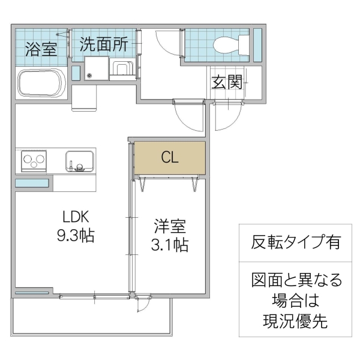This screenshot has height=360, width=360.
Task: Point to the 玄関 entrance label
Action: (x=226, y=82)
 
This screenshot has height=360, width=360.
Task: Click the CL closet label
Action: (x=170, y=157)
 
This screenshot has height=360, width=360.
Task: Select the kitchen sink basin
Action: (x=79, y=161)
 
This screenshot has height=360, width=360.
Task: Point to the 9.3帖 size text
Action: (x=75, y=236)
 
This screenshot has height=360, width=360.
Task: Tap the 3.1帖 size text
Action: (x=170, y=245)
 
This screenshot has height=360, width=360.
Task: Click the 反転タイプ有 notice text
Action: (x=296, y=242)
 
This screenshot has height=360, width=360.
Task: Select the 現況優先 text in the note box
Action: (x=296, y=321)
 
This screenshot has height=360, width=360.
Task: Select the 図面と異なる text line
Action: (x=296, y=280)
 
